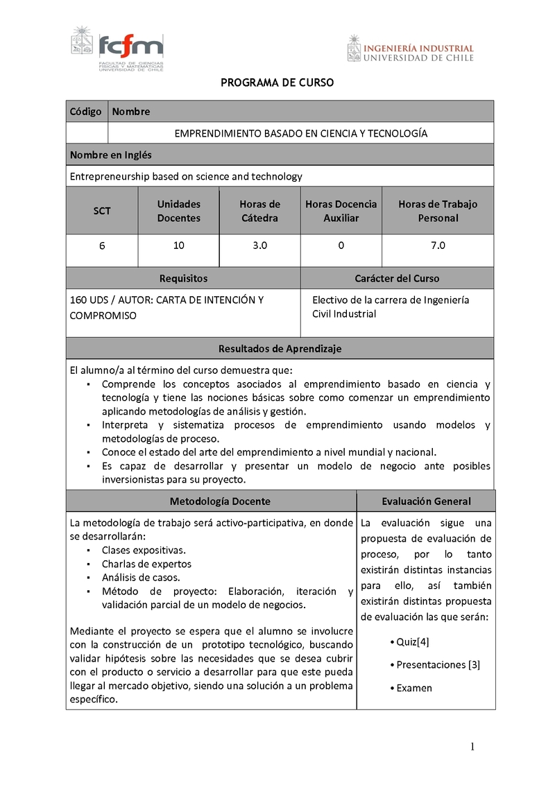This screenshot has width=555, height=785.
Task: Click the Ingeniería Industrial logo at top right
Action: pyautogui.click(x=411, y=49)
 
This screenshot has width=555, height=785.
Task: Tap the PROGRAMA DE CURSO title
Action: pyautogui.click(x=277, y=83)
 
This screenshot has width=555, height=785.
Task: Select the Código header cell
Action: pyautogui.click(x=86, y=112)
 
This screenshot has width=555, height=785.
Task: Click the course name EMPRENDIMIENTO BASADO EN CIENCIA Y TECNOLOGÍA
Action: pyautogui.click(x=300, y=133)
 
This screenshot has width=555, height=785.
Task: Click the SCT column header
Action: pyautogui.click(x=102, y=211)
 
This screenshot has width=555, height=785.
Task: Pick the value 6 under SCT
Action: pyautogui.click(x=102, y=245)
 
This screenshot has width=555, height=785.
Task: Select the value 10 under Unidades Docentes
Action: pyautogui.click(x=178, y=245)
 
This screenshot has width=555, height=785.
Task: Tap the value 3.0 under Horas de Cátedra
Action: pyautogui.click(x=260, y=245)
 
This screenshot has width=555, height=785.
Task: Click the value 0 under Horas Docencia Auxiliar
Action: pyautogui.click(x=341, y=245)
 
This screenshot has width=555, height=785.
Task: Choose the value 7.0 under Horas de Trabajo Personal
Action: pyautogui.click(x=438, y=245)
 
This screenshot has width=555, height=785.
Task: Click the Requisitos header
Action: pyautogui.click(x=183, y=279)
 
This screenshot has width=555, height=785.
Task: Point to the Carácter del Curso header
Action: pyautogui.click(x=397, y=279)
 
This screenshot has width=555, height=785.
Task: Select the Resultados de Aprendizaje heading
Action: pyautogui.click(x=280, y=349)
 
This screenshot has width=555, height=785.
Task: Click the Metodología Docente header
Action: pyautogui.click(x=220, y=501)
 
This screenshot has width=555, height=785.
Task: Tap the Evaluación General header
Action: pyautogui.click(x=426, y=501)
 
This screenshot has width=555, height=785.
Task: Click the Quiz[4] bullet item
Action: pyautogui.click(x=411, y=642)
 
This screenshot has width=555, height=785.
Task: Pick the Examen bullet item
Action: pyautogui.click(x=413, y=688)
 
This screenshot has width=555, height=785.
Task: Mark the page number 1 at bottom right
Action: pyautogui.click(x=472, y=748)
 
